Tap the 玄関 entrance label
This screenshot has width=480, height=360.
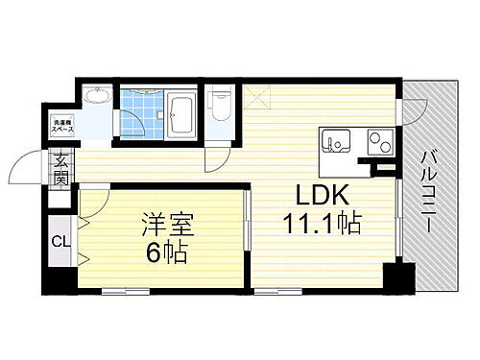click(60, 170)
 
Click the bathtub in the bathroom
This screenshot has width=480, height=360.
click(180, 115)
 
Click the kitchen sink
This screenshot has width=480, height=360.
click(337, 141)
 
